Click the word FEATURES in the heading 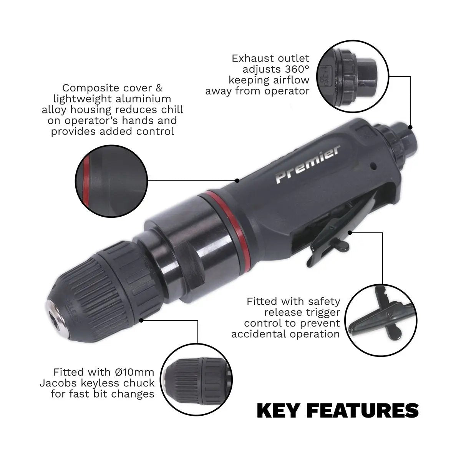point(365,411)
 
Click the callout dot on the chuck point(142,319)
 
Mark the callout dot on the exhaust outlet point(410,127)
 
